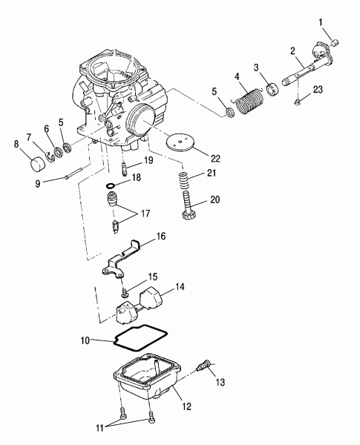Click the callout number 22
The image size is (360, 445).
coord(215,159)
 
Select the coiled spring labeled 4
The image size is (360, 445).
coord(249,102)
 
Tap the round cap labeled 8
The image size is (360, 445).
coord(38,165)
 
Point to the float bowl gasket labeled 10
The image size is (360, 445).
coord(141,339)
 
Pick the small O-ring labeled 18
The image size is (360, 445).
coord(111,186)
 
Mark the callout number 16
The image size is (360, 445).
coord(161,236)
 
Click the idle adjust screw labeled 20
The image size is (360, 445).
coord(188,205)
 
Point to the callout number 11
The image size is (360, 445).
coord(99,428)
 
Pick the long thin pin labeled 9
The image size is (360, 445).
coord(73,174)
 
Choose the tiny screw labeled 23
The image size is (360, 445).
coord(298,102)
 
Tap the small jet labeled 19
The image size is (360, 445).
coord(125,168)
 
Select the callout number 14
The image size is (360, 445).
coord(180,287)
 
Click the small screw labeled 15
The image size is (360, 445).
coord(124,293)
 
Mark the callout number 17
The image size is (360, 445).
coord(145,213)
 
